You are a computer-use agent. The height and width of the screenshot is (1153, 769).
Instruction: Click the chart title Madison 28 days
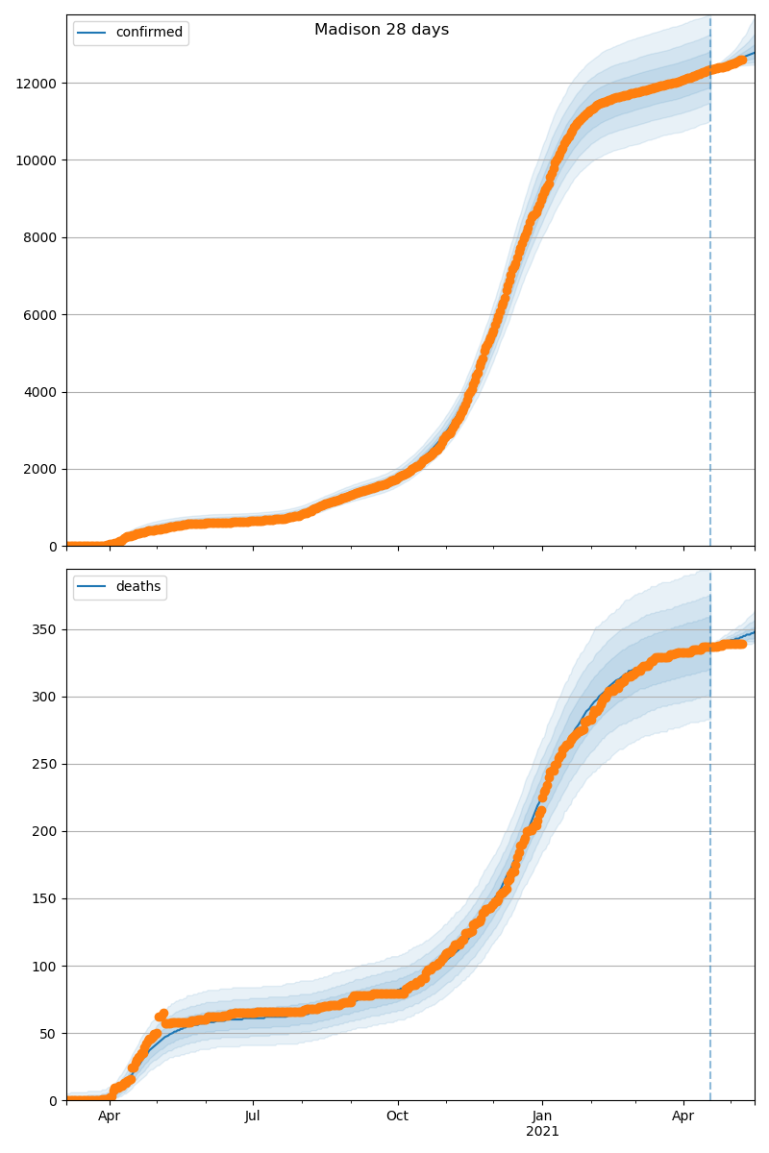382,30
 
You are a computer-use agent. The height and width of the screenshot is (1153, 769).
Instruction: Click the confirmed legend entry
148,33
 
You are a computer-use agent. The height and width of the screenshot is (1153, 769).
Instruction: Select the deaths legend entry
137,587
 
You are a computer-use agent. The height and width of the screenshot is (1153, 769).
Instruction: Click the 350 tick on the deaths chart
46,630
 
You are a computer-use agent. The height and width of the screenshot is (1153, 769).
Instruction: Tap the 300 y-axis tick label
46,698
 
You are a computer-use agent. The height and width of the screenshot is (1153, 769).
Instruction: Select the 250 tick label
46,765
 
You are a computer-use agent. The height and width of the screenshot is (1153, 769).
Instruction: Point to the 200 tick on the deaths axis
46,832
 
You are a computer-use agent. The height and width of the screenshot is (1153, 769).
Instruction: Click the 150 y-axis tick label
46,899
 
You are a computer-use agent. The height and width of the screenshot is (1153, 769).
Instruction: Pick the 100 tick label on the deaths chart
46,967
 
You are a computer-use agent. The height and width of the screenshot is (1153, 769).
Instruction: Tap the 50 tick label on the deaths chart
50,1034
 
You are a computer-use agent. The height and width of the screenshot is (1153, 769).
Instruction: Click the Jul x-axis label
253,1116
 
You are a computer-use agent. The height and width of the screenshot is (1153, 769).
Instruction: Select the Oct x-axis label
397,1116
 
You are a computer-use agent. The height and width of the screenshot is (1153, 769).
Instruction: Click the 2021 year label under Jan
542,1132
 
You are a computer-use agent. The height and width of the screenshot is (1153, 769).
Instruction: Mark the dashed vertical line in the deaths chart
710,865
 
